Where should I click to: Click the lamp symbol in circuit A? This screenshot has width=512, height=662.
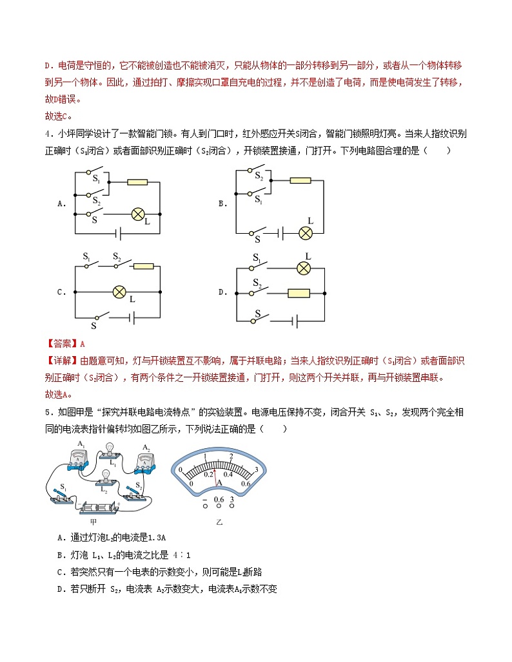click(x=137, y=213)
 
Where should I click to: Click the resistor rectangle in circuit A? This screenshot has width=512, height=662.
click(x=137, y=182)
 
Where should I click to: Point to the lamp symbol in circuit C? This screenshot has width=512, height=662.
click(x=119, y=292)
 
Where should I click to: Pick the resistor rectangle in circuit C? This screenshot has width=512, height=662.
click(x=144, y=265)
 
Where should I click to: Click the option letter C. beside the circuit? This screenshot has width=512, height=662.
click(x=62, y=292)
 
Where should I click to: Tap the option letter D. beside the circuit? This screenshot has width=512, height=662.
click(x=223, y=292)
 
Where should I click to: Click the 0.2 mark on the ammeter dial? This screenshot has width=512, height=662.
click(x=208, y=473)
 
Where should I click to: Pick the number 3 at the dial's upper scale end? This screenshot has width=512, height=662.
click(x=257, y=469)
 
